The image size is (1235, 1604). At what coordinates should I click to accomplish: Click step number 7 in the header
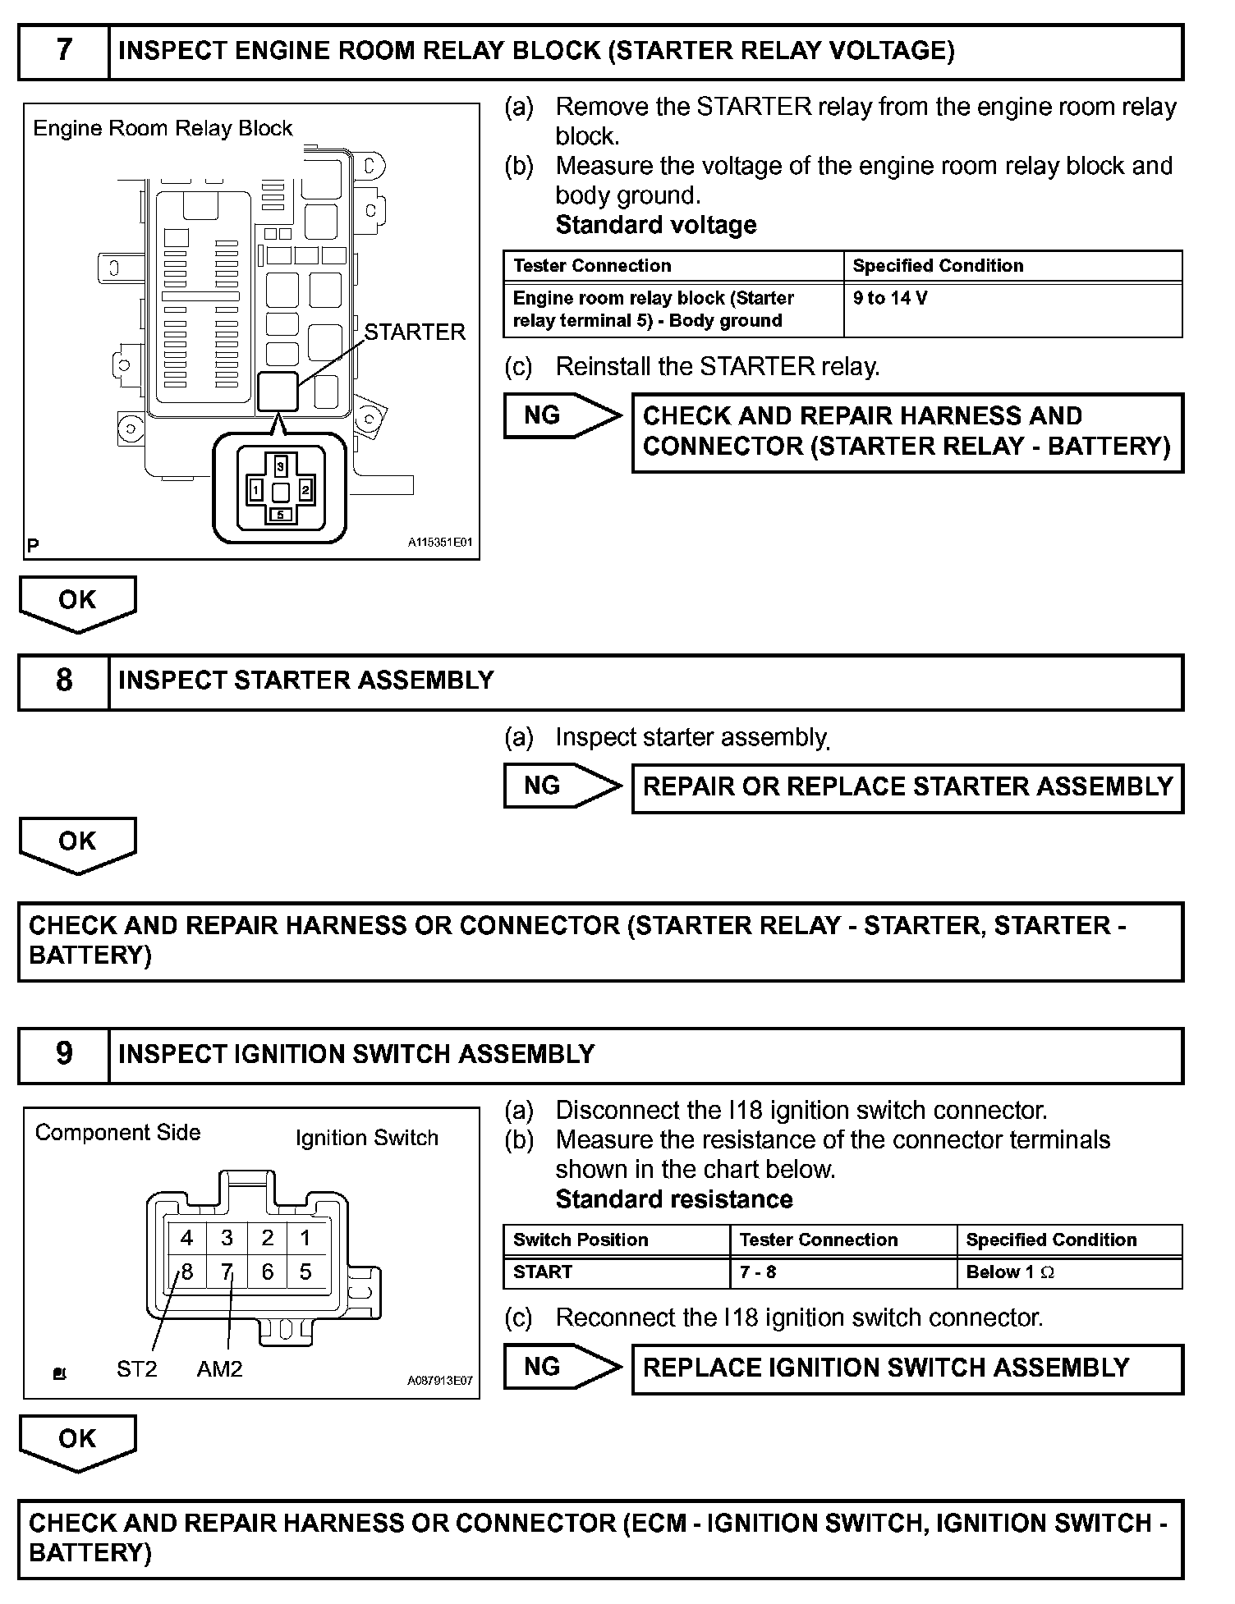click(64, 51)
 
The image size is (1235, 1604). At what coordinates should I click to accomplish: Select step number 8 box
click(64, 681)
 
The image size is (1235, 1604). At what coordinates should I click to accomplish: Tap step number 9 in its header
click(64, 1055)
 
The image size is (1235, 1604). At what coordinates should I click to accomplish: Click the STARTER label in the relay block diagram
click(415, 332)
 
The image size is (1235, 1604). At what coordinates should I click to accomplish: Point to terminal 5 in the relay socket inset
click(281, 515)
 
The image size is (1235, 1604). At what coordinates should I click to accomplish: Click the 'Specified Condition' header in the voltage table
click(938, 266)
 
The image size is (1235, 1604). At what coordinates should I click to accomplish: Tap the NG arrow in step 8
click(563, 786)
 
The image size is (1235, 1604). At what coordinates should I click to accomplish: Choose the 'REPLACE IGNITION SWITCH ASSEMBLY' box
click(907, 1368)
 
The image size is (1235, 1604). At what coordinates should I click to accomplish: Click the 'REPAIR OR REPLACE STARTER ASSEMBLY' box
click(907, 788)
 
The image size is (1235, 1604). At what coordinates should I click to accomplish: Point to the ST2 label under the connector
click(136, 1369)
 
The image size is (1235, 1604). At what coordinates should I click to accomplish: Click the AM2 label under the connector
click(219, 1369)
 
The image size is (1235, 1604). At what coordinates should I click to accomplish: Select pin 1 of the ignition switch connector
click(305, 1238)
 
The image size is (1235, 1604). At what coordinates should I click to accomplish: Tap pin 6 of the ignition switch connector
click(268, 1272)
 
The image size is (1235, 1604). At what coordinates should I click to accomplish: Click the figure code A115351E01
click(440, 543)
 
